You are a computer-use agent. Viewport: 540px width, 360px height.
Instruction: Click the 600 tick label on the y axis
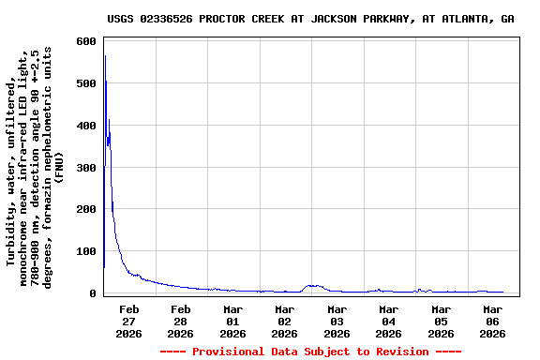pyautogui.click(x=86, y=42)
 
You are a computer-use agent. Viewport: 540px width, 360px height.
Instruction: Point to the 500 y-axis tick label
pyautogui.click(x=86, y=84)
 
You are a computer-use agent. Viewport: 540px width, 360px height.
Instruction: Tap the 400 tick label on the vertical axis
pyautogui.click(x=86, y=126)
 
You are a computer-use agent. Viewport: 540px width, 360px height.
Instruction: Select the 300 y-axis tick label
pyautogui.click(x=86, y=168)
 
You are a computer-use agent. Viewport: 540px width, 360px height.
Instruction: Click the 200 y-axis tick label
pyautogui.click(x=86, y=210)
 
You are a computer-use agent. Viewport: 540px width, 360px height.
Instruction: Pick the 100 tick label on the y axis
pyautogui.click(x=86, y=251)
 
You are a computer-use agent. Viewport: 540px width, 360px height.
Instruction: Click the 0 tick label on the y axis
pyautogui.click(x=93, y=293)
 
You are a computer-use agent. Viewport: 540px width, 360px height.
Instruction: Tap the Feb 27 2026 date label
pyautogui.click(x=129, y=321)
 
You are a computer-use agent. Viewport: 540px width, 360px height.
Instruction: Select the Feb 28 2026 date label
pyautogui.click(x=181, y=321)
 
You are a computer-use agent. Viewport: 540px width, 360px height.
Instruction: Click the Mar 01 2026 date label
pyautogui.click(x=233, y=321)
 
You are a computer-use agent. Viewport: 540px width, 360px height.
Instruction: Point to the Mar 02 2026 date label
pyautogui.click(x=285, y=321)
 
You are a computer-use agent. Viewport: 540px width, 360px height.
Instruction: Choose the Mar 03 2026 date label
pyautogui.click(x=337, y=321)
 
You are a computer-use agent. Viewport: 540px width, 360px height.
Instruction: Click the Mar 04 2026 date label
pyautogui.click(x=389, y=321)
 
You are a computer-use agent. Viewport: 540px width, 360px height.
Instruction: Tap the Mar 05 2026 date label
pyautogui.click(x=441, y=321)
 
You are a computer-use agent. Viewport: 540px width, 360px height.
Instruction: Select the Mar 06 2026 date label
pyautogui.click(x=493, y=321)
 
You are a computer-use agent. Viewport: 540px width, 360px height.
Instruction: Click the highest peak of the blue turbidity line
pyautogui.click(x=105, y=56)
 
